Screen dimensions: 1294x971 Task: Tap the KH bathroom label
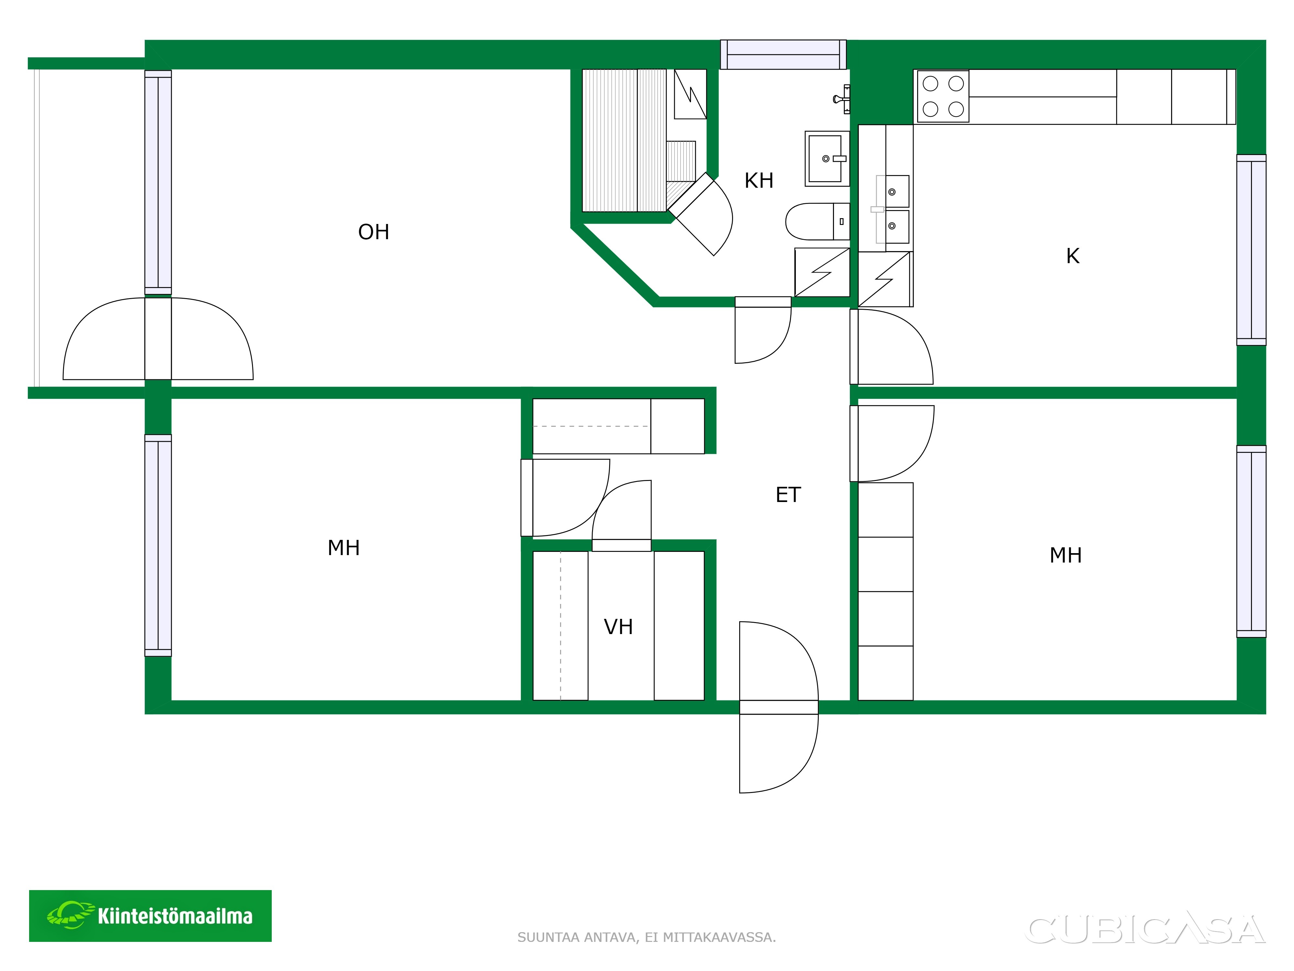[759, 181]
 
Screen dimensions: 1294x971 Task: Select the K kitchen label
[1072, 256]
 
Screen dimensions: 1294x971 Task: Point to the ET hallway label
[788, 495]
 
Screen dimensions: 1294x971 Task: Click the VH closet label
[618, 627]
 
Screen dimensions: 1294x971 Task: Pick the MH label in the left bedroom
[343, 548]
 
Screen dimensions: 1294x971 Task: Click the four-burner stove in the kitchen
[942, 96]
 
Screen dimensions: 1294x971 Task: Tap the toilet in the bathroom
[817, 222]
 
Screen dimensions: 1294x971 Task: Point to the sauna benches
[624, 140]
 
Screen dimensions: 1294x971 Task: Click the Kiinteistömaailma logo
[150, 916]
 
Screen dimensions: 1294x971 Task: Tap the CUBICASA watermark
[1145, 930]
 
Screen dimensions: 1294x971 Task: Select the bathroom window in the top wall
[783, 54]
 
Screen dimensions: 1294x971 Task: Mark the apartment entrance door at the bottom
[779, 707]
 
